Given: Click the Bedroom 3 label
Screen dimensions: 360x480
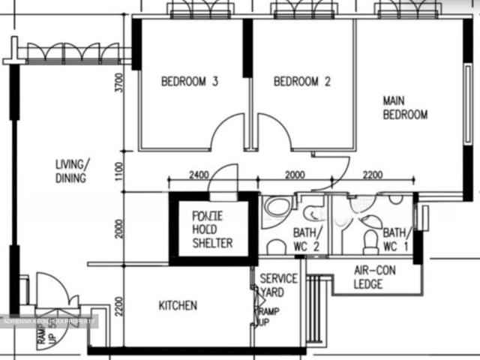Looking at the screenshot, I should point(190,82).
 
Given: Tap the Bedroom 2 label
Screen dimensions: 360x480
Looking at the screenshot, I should point(301,82).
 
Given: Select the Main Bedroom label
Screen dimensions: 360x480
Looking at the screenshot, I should point(405,107).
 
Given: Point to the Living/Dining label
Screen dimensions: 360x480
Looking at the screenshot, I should point(72,171).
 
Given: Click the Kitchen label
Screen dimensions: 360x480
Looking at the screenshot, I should point(178,305).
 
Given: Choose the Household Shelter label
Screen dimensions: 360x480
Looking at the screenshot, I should point(212,229).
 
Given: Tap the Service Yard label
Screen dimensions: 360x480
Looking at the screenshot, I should point(278,284).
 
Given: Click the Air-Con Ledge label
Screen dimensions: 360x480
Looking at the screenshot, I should point(368,277).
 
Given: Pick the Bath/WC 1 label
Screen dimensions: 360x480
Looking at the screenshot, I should point(396,238).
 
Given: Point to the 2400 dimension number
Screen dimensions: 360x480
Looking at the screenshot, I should point(198,175).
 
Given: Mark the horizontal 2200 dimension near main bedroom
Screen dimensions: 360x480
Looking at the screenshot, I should point(372,175).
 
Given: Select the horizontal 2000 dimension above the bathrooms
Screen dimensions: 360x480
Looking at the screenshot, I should point(295,175).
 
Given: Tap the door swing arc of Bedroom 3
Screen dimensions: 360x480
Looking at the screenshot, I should point(226,133).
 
